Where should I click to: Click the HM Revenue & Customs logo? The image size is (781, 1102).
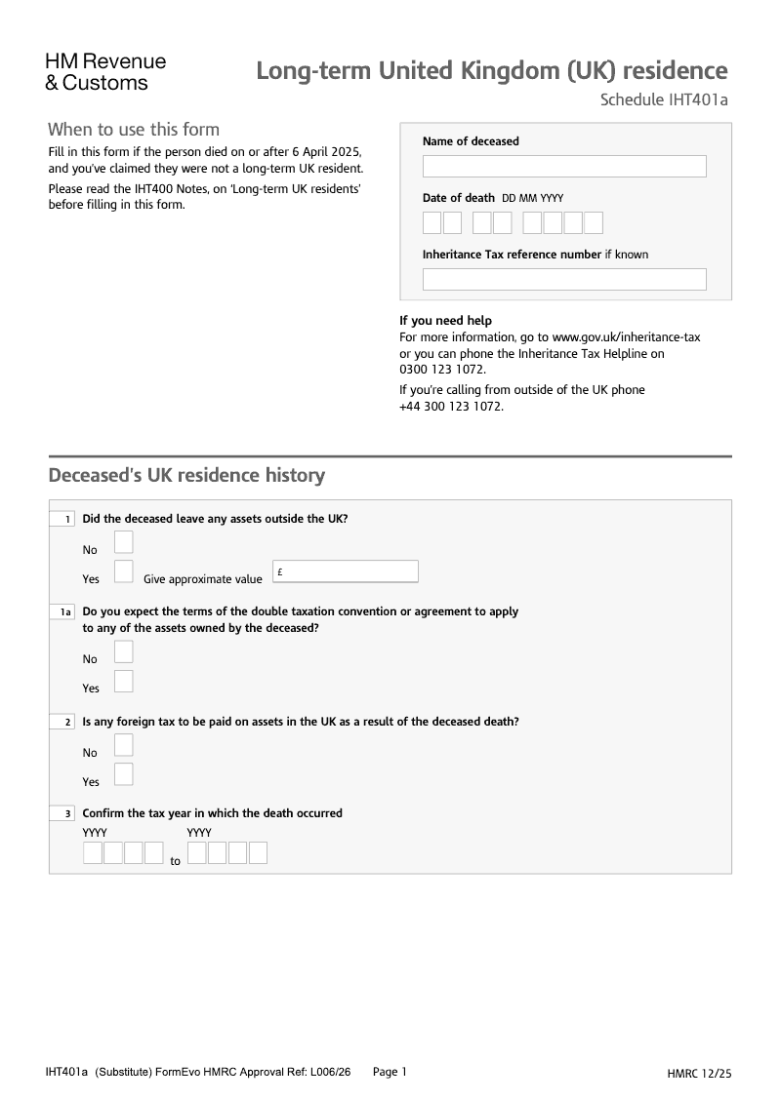105,72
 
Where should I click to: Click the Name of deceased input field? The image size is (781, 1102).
563,166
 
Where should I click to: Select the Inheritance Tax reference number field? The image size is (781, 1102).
563,280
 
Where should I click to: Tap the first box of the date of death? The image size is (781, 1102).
432,223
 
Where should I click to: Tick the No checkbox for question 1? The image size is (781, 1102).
123,542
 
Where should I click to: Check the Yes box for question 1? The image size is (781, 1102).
123,571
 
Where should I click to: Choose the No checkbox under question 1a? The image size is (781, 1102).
123,651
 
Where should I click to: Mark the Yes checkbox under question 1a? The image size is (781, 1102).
123,681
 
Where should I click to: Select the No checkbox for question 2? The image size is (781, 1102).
123,745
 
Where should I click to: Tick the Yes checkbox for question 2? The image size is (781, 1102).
123,774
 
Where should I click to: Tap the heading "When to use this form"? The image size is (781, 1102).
134,130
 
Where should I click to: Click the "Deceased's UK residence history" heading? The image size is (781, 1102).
186,476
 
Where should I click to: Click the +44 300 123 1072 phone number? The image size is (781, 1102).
451,406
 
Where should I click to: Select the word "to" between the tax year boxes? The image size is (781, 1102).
176,861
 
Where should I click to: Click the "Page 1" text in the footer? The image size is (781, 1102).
390,1072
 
